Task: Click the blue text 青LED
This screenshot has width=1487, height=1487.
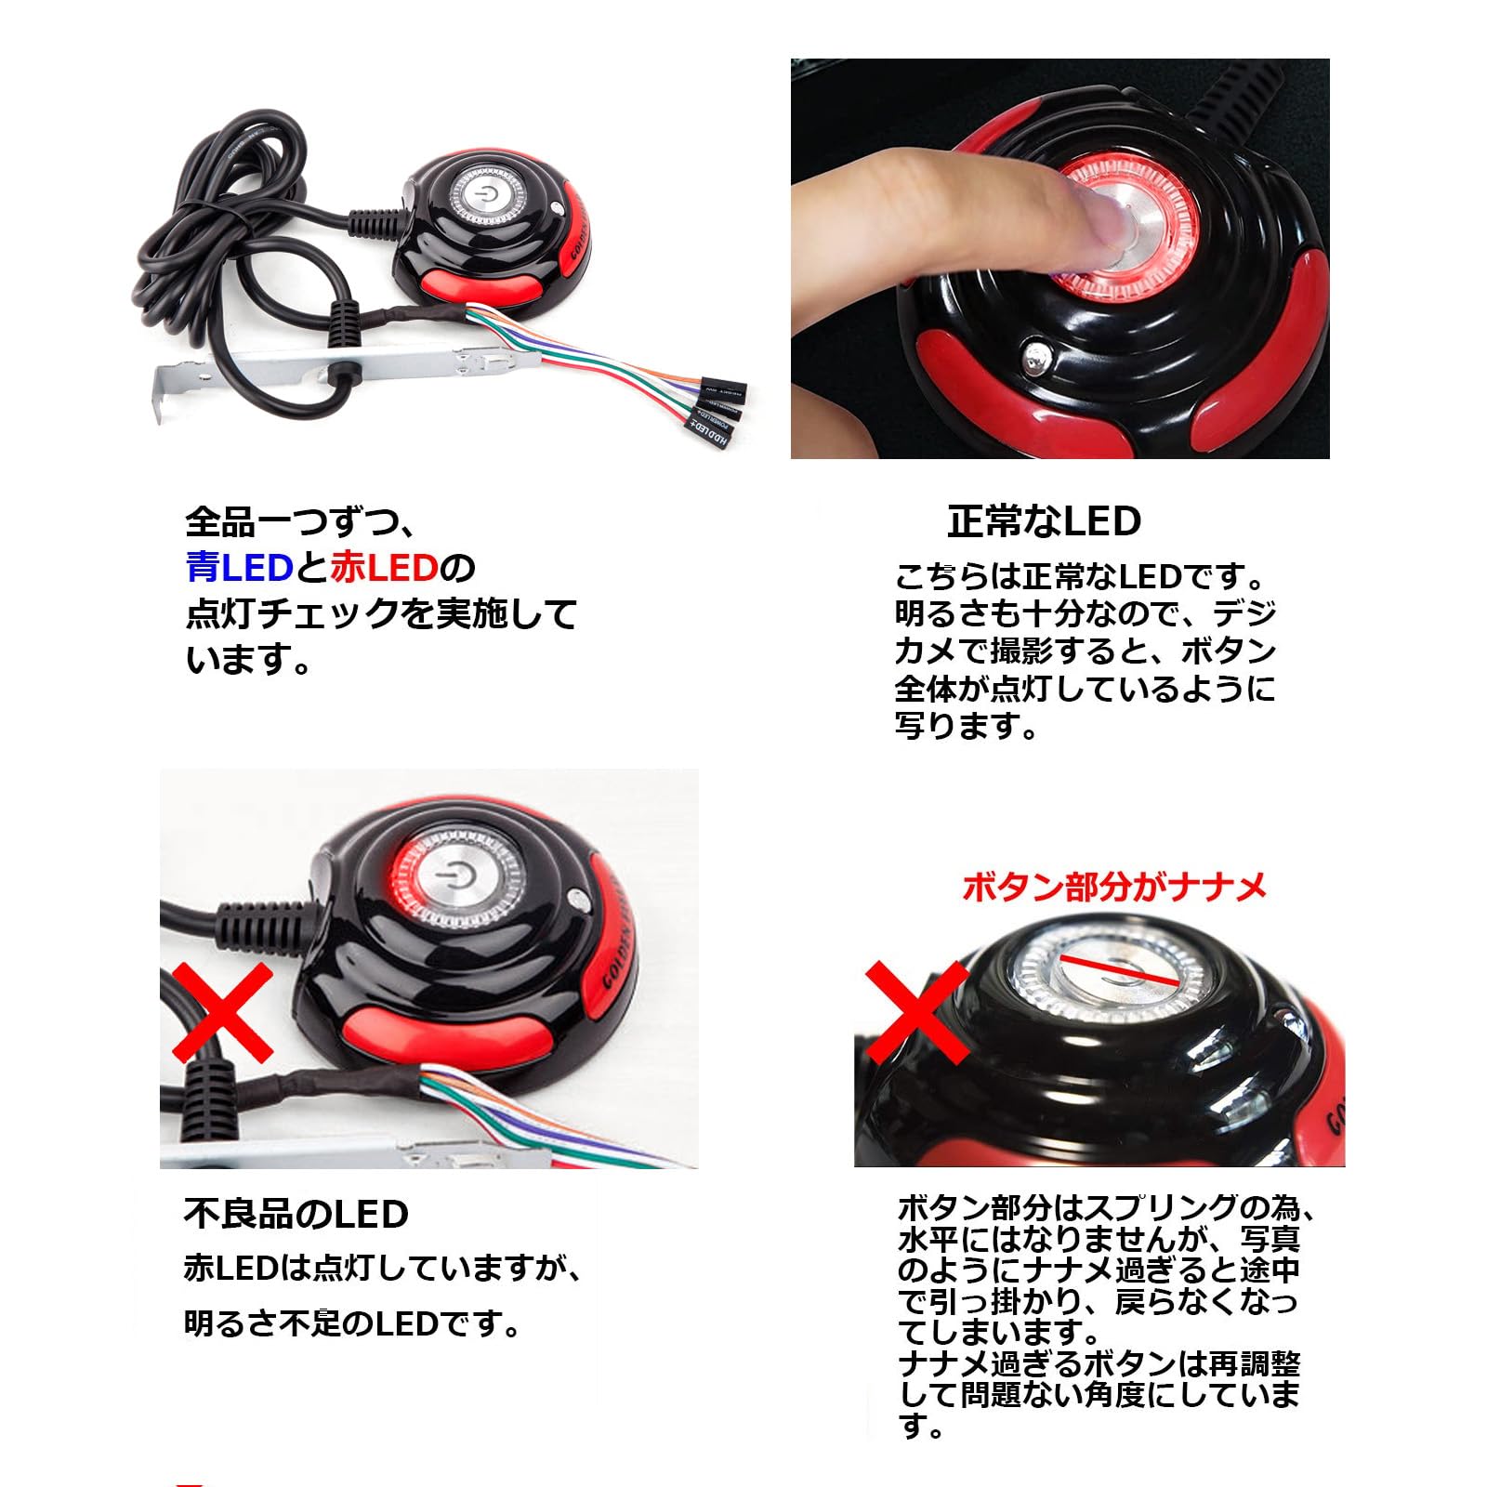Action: (240, 567)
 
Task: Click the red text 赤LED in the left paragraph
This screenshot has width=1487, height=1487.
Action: (383, 567)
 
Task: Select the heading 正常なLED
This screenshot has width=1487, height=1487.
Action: (1044, 521)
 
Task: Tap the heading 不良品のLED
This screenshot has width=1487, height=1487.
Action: (296, 1214)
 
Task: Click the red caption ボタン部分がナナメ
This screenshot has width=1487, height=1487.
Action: (1114, 887)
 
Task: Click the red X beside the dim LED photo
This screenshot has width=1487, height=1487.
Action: (224, 1013)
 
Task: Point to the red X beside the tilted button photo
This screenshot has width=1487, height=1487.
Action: (916, 1012)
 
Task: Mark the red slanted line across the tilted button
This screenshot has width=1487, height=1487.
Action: (1120, 969)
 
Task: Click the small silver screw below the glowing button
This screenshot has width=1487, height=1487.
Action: (1033, 356)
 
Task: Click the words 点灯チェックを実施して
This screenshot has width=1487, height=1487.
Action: (381, 613)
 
